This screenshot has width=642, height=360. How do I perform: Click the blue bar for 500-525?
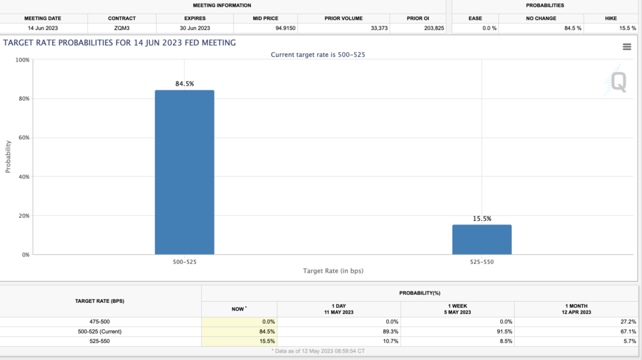(184, 172)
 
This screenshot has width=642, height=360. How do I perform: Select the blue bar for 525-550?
(481, 240)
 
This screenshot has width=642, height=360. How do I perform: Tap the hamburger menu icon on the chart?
(627, 46)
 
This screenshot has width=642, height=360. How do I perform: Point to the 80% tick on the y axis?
(23, 98)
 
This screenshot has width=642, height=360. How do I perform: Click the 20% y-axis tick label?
(23, 216)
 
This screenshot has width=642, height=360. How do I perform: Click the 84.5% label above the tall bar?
(185, 83)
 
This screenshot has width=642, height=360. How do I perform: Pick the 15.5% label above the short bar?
(482, 219)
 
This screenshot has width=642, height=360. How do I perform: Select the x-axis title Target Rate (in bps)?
(333, 271)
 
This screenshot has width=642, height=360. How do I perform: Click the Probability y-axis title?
(8, 157)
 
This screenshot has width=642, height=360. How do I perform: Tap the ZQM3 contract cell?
(122, 28)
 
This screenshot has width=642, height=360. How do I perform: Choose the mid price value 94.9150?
(285, 28)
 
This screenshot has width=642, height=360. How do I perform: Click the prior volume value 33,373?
(379, 28)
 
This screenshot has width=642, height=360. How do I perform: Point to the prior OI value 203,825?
(434, 28)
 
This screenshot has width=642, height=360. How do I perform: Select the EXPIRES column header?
(195, 18)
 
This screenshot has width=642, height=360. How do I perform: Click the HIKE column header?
(611, 18)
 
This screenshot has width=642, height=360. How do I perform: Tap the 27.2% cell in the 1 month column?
(628, 322)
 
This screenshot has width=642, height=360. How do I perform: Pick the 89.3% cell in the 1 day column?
(390, 332)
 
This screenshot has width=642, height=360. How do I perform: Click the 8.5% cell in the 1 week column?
(506, 341)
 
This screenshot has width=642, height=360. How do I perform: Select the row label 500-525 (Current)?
(100, 332)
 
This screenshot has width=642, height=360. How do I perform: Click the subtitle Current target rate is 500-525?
(318, 55)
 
